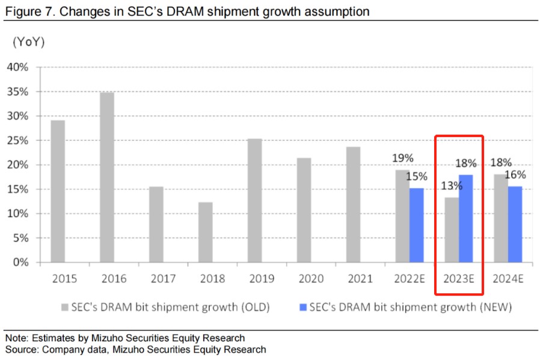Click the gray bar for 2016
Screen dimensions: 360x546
point(107,177)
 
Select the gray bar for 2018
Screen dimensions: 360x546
point(205,232)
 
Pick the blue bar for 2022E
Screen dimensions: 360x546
point(417,225)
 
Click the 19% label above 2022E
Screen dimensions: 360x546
point(402,158)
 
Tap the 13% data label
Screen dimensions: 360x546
point(451,186)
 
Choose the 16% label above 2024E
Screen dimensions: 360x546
point(515,175)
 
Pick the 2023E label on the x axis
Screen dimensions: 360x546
point(459,278)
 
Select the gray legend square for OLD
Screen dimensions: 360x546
point(66,308)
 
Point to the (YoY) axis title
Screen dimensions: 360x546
point(28,43)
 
